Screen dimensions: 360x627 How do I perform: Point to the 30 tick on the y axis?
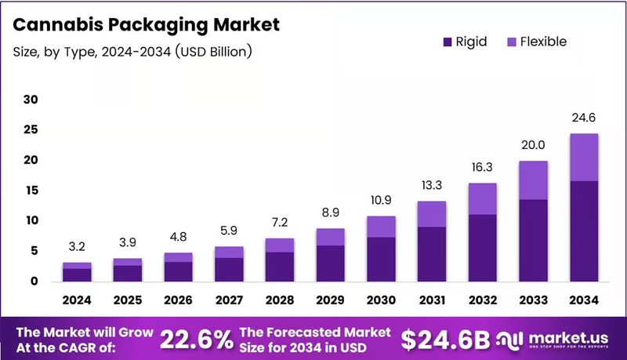coord(31,100)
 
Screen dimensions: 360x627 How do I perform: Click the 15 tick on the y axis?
coord(31,191)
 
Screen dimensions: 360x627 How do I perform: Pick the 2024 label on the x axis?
coord(77,299)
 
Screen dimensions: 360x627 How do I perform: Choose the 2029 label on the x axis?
coord(331,299)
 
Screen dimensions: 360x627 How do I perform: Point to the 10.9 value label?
coord(382,201)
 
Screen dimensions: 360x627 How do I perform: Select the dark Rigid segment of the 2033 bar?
coord(534,240)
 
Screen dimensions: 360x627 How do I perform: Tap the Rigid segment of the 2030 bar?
coord(382,259)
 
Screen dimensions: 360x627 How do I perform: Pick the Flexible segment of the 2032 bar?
coord(483,198)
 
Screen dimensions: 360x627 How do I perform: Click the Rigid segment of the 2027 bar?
coord(229,269)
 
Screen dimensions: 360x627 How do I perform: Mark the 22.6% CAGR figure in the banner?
coord(197,339)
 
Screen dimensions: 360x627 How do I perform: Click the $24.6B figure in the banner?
coord(444,339)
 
